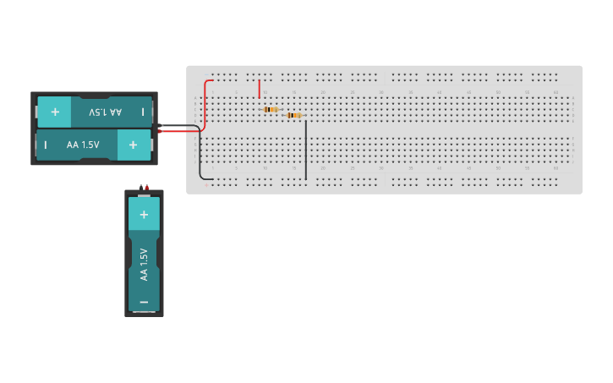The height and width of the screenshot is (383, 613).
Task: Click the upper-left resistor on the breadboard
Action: coord(271,109)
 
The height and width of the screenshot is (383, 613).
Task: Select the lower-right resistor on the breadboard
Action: coord(293,115)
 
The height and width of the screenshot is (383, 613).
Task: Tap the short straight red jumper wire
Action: coord(259,88)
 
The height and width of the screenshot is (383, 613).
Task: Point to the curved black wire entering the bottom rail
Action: coord(201,161)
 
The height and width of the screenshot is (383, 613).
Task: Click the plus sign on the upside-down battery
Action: coord(55,112)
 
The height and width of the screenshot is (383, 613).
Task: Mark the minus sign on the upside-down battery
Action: coord(142,112)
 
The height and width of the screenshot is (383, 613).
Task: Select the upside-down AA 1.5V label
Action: coord(106,112)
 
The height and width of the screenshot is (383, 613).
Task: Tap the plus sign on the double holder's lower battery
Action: coord(133,145)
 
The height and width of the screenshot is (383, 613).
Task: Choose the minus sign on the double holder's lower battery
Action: coord(46,145)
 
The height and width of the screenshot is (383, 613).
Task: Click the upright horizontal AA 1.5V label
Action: coord(83,145)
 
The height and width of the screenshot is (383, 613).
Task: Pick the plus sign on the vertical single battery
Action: coord(144,215)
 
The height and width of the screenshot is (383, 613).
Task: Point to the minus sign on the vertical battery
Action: coord(144,301)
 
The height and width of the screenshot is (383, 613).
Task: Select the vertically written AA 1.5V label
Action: coord(144,264)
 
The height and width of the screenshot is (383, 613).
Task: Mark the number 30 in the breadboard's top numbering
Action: coord(381,91)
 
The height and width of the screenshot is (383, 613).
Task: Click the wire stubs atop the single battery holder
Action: coord(144,186)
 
